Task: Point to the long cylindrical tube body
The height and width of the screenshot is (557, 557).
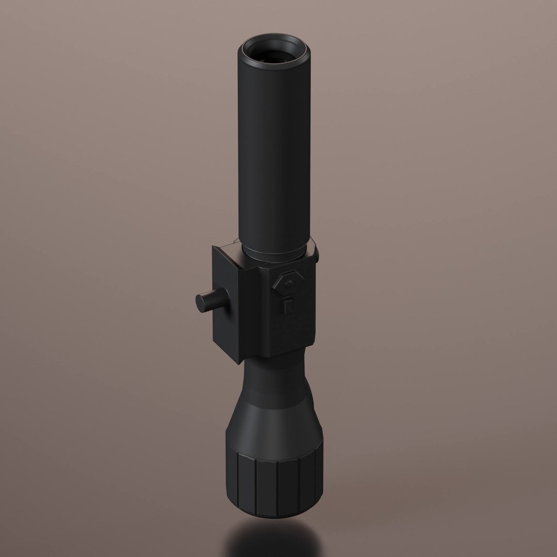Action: (x=273, y=155)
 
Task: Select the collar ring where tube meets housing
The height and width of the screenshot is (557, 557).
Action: (x=273, y=254)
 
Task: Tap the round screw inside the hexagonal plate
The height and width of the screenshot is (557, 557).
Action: (x=288, y=284)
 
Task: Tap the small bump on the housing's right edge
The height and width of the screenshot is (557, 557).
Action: (x=316, y=253)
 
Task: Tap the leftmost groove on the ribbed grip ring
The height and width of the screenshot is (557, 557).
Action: (x=237, y=482)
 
